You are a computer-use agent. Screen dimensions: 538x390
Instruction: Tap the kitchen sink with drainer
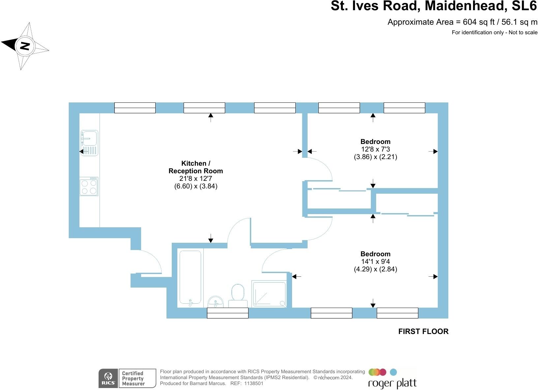pos(89,143)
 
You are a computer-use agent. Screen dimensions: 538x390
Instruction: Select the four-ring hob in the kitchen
pos(89,186)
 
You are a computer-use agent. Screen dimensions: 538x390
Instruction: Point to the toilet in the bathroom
pos(238,295)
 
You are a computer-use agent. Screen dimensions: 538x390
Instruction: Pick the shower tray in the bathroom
pos(269,294)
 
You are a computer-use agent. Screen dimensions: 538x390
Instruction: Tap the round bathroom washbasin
pos(216,302)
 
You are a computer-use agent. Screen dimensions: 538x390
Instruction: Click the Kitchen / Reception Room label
pos(196,167)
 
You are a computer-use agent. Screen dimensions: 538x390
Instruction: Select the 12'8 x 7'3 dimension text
pos(375,149)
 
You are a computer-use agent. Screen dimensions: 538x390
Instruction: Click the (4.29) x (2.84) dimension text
pos(375,269)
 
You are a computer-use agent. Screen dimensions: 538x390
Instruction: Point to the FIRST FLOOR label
pos(423,331)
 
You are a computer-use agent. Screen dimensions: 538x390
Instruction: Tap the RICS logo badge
pos(108,378)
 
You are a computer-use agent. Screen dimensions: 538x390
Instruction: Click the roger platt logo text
pos(392,384)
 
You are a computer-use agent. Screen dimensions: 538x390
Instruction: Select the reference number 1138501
pos(254,383)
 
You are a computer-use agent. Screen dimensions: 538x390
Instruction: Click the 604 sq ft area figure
pos(479,22)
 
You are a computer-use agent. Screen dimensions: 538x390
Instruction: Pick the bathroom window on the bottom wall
pos(227,313)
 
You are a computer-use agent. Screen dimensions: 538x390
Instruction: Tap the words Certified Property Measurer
pos(133,378)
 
